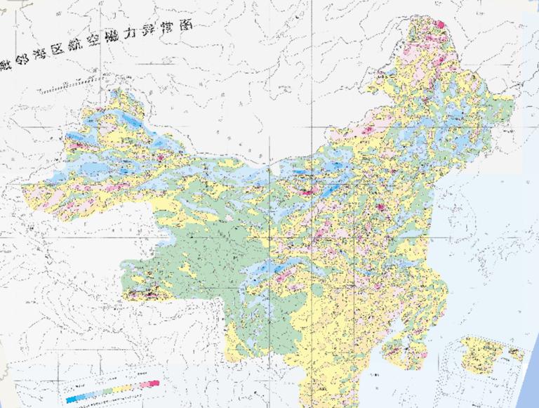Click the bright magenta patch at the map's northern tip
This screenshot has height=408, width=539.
[440, 24]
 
